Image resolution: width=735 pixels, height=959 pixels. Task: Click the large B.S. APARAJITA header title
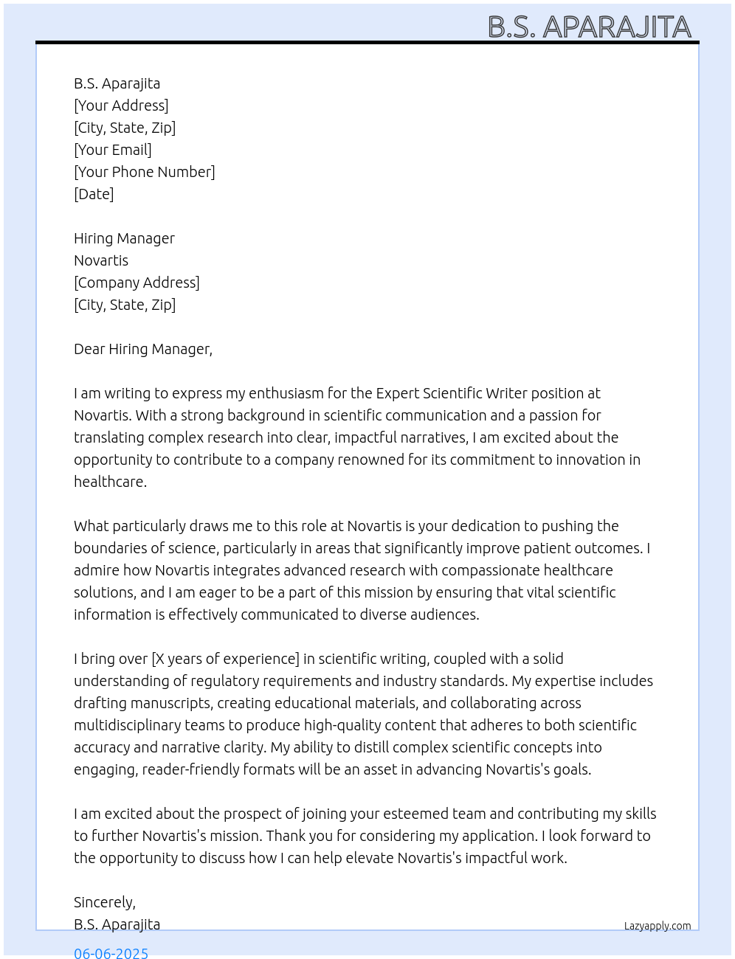(x=589, y=27)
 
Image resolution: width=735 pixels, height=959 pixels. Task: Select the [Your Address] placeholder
(x=121, y=105)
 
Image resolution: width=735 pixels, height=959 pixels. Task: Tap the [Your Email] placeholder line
(x=113, y=150)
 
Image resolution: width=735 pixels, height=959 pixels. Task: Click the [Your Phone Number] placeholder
(x=145, y=172)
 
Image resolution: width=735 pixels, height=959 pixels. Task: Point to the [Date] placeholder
(x=94, y=194)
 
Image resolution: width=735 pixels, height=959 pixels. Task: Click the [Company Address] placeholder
(x=137, y=283)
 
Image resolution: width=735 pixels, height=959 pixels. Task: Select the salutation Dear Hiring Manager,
(x=143, y=349)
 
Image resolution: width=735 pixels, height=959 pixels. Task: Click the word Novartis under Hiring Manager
(x=101, y=260)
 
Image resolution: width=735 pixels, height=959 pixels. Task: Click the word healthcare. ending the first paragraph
(x=110, y=482)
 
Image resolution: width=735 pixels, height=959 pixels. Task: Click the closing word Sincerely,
(x=105, y=902)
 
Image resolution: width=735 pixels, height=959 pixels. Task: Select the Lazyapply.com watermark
(x=658, y=926)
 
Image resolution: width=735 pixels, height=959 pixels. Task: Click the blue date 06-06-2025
(x=111, y=952)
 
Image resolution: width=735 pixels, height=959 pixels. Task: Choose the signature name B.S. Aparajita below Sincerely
(x=117, y=924)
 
